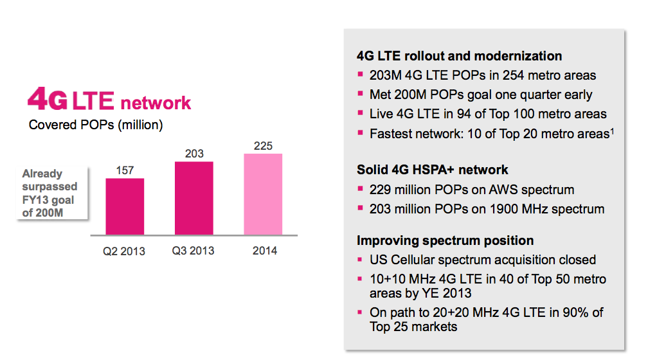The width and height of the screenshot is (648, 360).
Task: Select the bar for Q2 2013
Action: tap(125, 207)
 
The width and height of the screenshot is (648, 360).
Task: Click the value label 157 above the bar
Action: tap(125, 170)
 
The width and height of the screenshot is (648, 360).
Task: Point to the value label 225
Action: tap(263, 146)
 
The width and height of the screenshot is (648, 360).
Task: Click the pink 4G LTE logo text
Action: tap(109, 101)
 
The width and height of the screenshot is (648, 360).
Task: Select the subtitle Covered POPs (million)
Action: tap(96, 125)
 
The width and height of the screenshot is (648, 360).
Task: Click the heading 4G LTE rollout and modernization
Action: tap(460, 56)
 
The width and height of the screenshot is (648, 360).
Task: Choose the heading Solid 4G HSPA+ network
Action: tap(433, 170)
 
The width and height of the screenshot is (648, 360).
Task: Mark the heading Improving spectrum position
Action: tap(446, 240)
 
